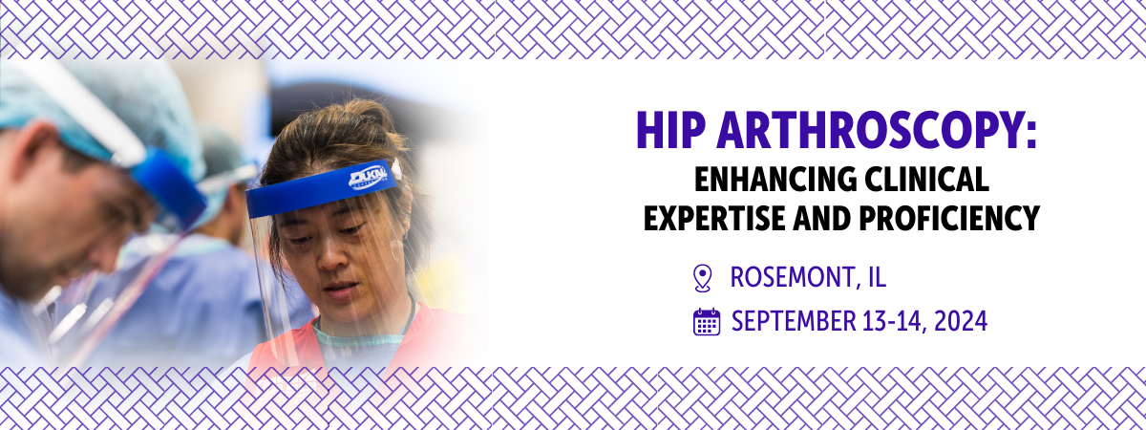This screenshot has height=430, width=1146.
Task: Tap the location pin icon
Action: coord(703,278)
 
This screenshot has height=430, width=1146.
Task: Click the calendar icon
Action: coord(707,322)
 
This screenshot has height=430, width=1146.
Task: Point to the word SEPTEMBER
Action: coord(794,321)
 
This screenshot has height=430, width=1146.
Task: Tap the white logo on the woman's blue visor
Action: coord(368,178)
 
